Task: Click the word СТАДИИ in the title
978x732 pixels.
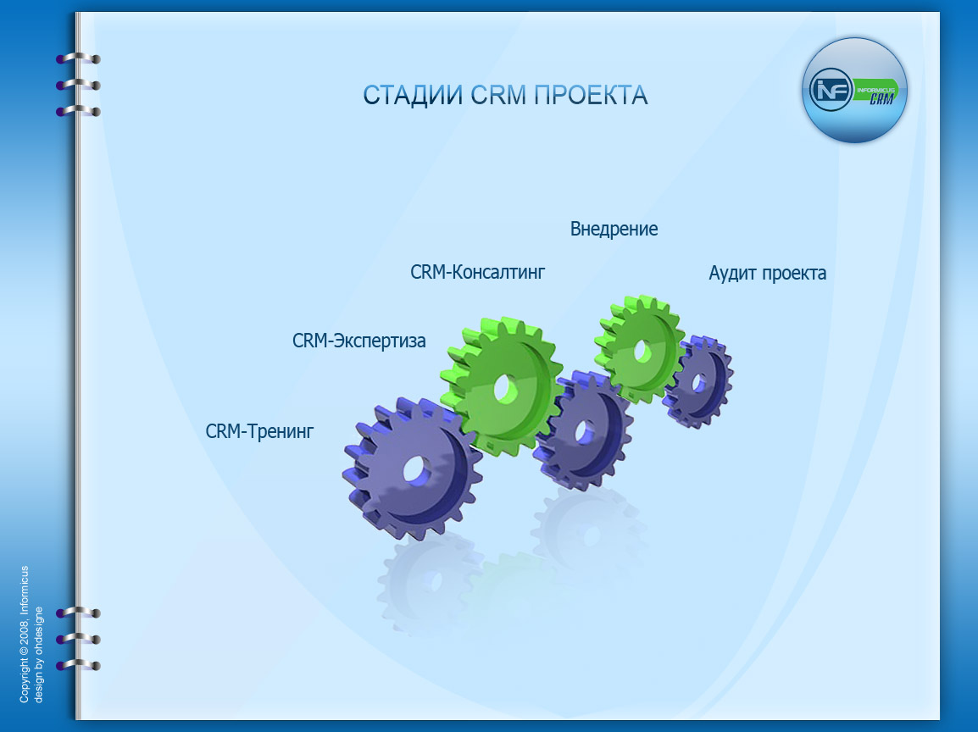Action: point(413,96)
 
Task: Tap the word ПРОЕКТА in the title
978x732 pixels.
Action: point(592,96)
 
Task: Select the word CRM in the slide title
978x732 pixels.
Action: point(498,96)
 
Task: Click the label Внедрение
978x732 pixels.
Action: point(614,230)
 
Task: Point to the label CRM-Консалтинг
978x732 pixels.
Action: point(478,272)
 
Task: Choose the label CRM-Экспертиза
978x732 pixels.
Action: point(359,341)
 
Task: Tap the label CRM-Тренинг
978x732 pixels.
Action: point(259,431)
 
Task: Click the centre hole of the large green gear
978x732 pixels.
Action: point(506,388)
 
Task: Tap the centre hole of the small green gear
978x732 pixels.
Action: point(642,352)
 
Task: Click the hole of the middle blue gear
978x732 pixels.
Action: point(585,432)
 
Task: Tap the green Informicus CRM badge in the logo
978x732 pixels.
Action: point(875,91)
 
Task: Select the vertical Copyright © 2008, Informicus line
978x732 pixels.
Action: point(25,634)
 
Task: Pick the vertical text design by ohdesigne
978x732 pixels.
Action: point(39,655)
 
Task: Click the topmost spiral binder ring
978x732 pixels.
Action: point(79,58)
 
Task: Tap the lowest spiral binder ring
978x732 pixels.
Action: point(79,665)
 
